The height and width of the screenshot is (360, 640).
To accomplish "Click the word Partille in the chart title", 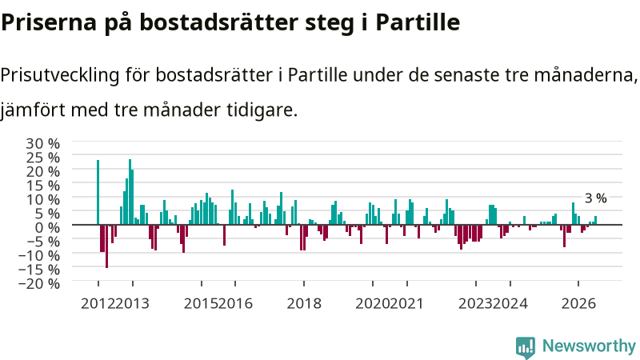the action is (x=418, y=22).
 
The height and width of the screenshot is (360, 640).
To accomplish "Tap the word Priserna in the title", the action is (x=49, y=22).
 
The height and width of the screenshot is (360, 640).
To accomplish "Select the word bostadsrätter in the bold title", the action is (x=218, y=22).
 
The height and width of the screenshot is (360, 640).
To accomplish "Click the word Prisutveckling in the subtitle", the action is (x=60, y=75).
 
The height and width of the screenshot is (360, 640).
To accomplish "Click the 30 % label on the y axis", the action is (x=43, y=144).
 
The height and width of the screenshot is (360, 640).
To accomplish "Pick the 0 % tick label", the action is (x=47, y=227).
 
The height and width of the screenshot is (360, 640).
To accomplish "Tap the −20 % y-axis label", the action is (x=39, y=283).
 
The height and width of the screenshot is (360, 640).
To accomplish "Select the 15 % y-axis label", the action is (x=43, y=186).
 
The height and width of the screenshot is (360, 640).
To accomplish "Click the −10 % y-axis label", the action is (x=39, y=255).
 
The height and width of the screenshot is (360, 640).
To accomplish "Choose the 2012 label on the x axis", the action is (x=98, y=304).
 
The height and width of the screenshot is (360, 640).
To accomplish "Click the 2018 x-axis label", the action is (x=304, y=304).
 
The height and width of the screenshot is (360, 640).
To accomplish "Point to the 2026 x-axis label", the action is (x=578, y=304).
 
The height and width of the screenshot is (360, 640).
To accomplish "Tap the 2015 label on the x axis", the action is (x=202, y=304).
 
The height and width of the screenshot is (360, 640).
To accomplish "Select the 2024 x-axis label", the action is (x=510, y=304).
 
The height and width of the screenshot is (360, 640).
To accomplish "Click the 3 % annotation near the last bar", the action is (x=596, y=198).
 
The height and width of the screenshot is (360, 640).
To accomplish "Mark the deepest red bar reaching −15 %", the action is (x=107, y=246).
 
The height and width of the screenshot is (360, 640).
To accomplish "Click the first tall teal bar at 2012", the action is (x=98, y=192).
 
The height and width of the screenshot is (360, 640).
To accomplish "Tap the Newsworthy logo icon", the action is (x=526, y=347).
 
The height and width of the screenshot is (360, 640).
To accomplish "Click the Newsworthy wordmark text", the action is (x=589, y=346).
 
